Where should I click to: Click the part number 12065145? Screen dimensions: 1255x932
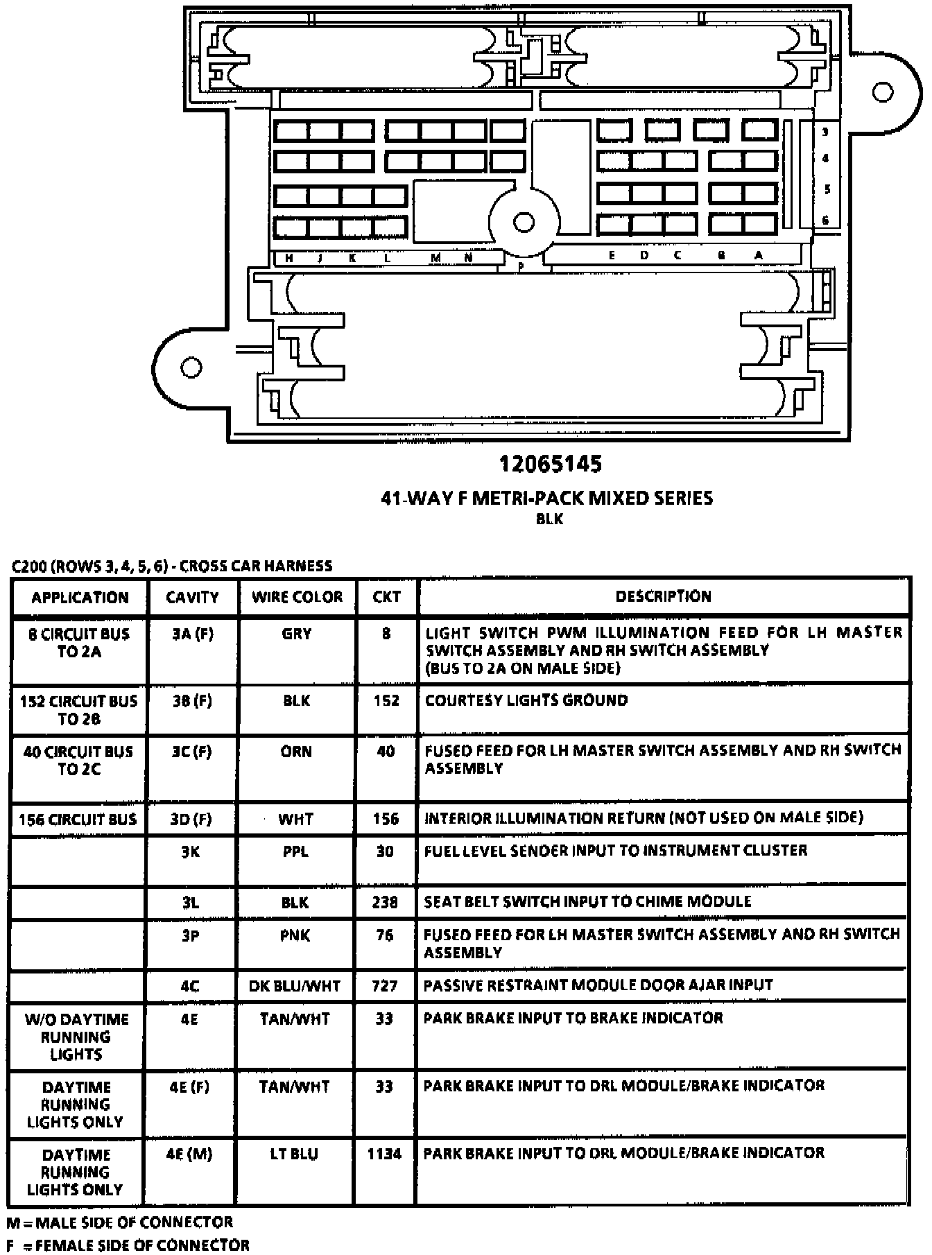point(551,464)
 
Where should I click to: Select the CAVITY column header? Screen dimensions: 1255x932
point(192,597)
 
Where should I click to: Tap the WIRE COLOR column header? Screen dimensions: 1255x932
point(297,597)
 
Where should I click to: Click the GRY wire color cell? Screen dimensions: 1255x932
point(297,634)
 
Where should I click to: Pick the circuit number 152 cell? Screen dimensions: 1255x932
point(386,700)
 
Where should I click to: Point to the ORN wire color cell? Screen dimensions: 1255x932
point(297,752)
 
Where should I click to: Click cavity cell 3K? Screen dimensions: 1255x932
point(191,851)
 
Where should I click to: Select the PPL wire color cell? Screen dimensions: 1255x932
point(296,851)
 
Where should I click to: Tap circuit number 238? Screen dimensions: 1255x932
point(386,902)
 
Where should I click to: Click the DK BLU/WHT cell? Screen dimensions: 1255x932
point(295,986)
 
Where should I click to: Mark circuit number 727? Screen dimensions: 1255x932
point(385,986)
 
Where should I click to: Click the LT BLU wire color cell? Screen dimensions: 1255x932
point(295,1154)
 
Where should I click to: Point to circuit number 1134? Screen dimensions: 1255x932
point(384,1154)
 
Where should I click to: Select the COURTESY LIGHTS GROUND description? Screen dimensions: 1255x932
point(526,700)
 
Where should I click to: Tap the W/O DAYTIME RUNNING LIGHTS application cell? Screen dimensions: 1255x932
point(76,1037)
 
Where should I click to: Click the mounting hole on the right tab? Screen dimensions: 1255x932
point(883,92)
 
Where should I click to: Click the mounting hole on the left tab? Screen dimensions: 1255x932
point(191,367)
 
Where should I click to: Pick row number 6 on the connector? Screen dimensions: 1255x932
point(825,220)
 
